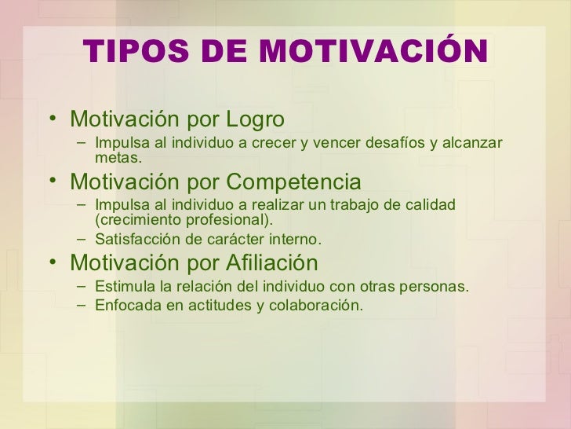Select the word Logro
[254, 119]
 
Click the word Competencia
[294, 181]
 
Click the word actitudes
[216, 305]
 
